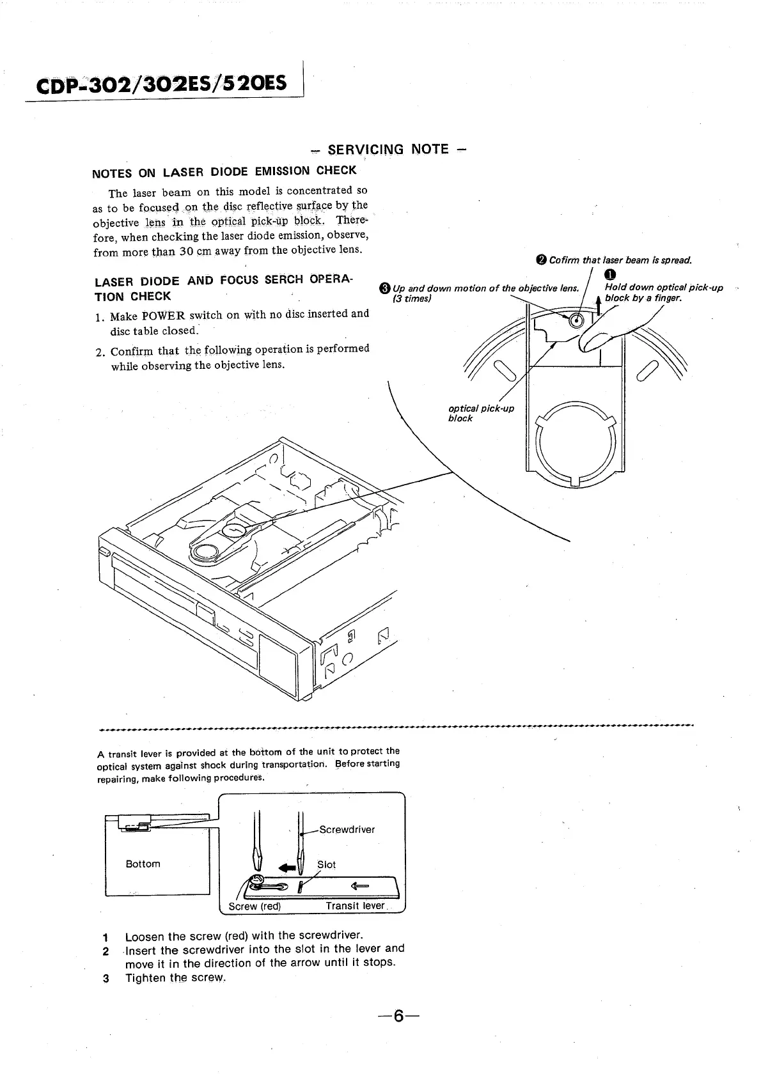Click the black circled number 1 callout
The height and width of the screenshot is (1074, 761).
[x=609, y=275]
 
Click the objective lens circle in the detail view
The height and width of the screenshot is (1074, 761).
[x=576, y=321]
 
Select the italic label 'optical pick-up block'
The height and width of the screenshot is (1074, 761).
[x=481, y=413]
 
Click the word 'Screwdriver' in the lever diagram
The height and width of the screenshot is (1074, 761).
[x=347, y=830]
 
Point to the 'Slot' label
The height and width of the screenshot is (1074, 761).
[x=326, y=864]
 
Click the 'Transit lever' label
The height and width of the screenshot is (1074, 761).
[x=355, y=906]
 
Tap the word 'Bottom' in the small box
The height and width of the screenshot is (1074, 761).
[x=143, y=864]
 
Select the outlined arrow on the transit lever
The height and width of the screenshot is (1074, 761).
[x=360, y=885]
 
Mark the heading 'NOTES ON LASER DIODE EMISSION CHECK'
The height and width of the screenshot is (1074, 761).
[x=224, y=171]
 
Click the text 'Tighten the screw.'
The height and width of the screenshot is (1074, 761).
[x=175, y=977]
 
